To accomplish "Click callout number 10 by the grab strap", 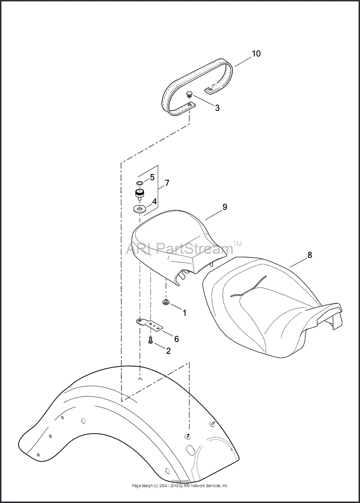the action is [x=256, y=54].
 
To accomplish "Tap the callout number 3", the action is [x=217, y=108].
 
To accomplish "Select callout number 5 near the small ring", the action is [x=152, y=177].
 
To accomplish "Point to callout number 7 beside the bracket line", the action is [x=167, y=183].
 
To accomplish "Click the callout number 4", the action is [x=155, y=202].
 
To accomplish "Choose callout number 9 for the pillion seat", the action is [x=225, y=207].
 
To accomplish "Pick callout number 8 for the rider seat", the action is [x=310, y=255].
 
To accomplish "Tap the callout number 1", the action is [x=184, y=312].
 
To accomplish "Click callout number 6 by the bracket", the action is [x=176, y=339].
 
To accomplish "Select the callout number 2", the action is [x=168, y=351].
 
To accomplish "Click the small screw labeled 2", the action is [x=150, y=340].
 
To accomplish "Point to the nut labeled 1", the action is [x=166, y=302].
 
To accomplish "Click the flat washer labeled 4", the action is [x=140, y=210].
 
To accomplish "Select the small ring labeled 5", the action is [x=140, y=183].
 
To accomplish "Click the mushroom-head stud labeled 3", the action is [x=190, y=95].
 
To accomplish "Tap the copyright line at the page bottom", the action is [x=180, y=485].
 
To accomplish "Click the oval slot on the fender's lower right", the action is [x=191, y=450].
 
